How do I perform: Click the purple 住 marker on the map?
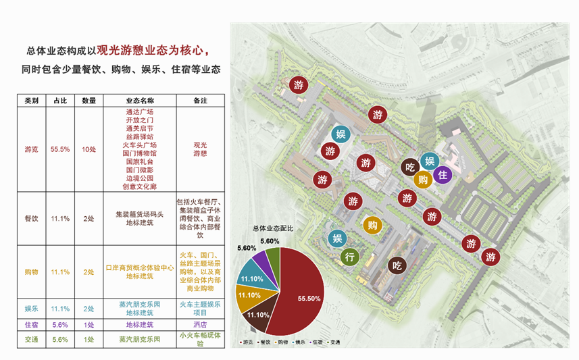point(443,175)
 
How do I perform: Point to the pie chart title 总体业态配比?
point(273,229)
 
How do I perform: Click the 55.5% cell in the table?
point(60,149)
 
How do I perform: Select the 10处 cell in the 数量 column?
point(89,149)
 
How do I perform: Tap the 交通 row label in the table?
point(31,339)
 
